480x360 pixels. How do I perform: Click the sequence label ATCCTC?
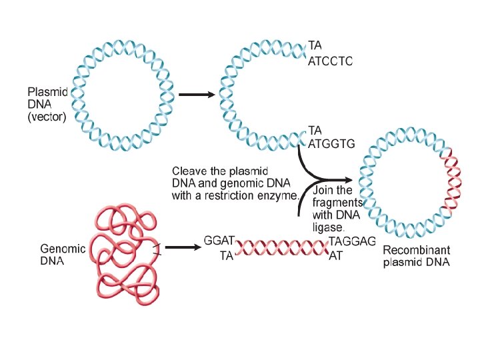pos(330,61)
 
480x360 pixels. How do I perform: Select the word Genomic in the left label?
pos(63,249)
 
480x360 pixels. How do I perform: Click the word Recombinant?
pos(417,251)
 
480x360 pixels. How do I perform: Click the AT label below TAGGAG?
pos(337,254)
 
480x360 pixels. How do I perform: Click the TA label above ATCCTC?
pos(315,46)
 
